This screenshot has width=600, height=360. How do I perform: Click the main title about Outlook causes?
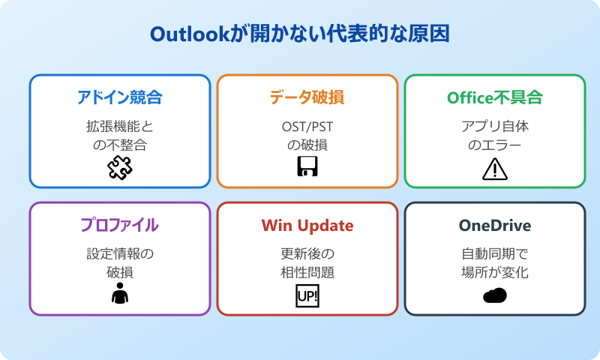(300, 34)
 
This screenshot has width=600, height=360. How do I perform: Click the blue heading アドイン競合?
(120, 97)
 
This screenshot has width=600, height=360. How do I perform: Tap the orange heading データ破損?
(307, 97)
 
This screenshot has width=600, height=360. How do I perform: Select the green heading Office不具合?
(495, 97)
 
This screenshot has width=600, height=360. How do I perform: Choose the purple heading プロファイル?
(120, 225)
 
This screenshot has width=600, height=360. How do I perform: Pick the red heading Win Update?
(307, 225)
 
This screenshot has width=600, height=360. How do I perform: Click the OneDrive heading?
(495, 225)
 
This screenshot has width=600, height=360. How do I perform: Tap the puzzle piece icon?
(120, 169)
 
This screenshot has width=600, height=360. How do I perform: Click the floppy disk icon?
(307, 168)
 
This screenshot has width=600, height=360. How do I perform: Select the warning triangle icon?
(495, 169)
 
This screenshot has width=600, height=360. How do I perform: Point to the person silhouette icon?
(120, 295)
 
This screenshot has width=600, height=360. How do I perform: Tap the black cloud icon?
(495, 295)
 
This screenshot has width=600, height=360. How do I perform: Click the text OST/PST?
(307, 126)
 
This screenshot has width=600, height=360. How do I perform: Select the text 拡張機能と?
(120, 126)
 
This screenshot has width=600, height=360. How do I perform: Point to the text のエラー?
(495, 145)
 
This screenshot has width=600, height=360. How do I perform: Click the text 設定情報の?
(120, 253)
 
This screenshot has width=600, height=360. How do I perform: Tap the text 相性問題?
(307, 272)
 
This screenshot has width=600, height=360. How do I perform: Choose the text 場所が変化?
(495, 272)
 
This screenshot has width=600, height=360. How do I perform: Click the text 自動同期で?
(495, 253)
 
